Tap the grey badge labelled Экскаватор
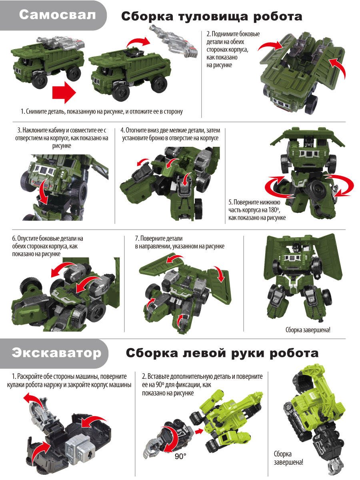(x=56, y=353)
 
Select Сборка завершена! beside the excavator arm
(x=288, y=458)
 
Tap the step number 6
(x=14, y=238)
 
